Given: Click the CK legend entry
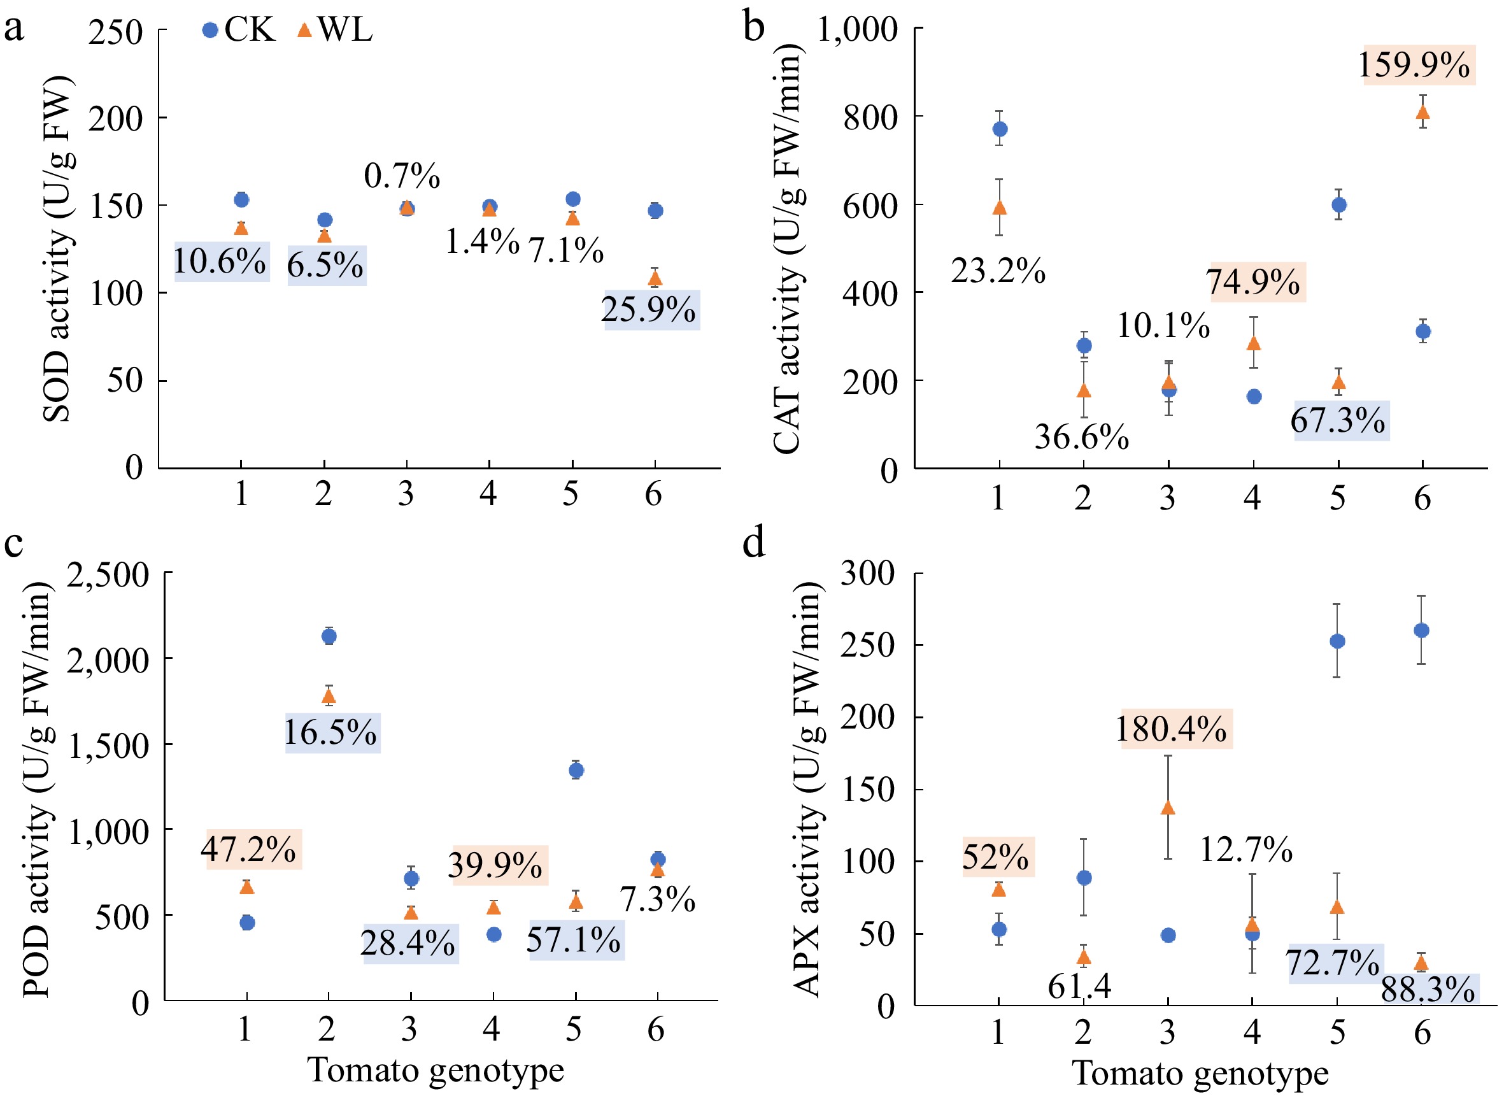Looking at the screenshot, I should pos(238,30).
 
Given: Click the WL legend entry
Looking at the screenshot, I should pos(335,30).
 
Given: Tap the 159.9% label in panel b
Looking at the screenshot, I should pos(1414,65).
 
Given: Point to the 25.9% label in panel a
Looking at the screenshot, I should pos(648,309).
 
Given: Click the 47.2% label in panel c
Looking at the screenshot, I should pos(249,848).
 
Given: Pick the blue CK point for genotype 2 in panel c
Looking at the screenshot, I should pos(329,636).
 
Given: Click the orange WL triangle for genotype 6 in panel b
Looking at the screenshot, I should pos(1422,112).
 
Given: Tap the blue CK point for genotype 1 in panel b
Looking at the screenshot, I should pos(1000,129).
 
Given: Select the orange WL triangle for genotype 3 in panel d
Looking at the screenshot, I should pos(1168,808).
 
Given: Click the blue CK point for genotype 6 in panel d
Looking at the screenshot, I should pos(1421,630).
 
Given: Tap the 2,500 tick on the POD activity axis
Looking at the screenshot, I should pos(108,574).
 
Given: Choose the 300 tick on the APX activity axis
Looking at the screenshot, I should pos(867,573).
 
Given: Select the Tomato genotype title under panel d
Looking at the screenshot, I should pos(1200,1074).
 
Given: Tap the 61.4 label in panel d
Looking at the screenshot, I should pos(1079,986).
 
